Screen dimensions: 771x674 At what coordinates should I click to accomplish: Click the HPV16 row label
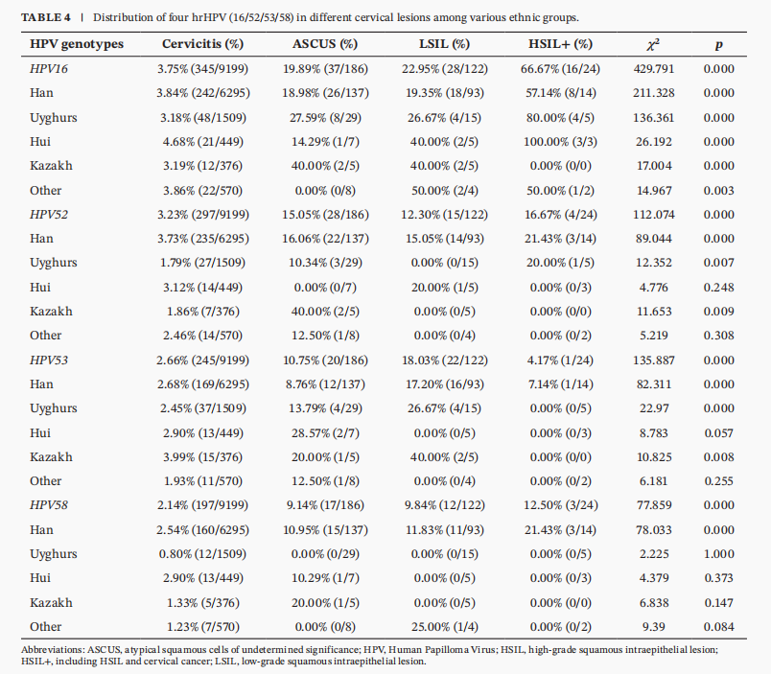click(49, 69)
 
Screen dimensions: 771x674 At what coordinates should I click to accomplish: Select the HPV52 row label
click(49, 215)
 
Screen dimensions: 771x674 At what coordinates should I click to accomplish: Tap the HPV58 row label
click(49, 505)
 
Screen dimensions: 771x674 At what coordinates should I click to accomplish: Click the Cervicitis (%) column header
click(202, 44)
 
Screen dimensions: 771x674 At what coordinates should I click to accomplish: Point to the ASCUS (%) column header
click(325, 44)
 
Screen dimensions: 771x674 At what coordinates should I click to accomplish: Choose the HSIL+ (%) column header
click(561, 44)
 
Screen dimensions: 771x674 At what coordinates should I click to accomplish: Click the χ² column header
click(653, 44)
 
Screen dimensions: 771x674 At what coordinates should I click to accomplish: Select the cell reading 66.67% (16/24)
click(561, 69)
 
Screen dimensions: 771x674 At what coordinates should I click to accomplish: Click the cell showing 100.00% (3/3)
click(561, 142)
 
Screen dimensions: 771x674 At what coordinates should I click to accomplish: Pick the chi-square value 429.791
click(654, 69)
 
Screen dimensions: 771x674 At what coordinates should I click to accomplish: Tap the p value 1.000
click(719, 553)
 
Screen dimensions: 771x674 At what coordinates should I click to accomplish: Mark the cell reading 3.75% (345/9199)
click(202, 69)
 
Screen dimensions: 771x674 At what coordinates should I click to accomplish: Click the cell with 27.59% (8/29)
click(325, 118)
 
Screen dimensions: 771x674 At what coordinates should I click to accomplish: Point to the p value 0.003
click(719, 190)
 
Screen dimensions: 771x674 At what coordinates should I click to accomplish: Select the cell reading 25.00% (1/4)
click(445, 627)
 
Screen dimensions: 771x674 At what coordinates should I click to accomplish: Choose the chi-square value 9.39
click(654, 627)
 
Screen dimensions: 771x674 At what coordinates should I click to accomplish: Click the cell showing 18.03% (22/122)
click(445, 360)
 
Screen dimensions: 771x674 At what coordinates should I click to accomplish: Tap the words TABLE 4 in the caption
click(46, 17)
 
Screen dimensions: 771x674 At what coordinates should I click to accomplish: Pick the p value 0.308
click(719, 336)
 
